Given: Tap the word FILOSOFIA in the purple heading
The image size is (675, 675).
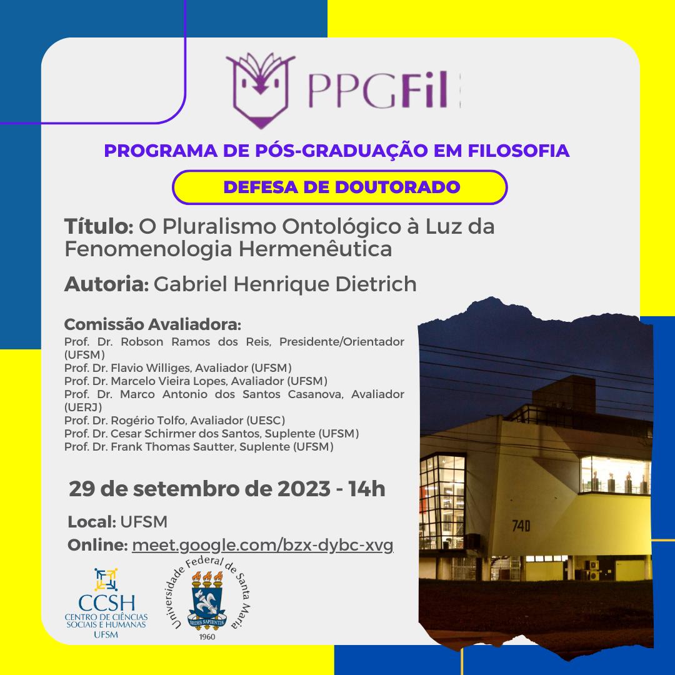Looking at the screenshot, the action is (519, 151).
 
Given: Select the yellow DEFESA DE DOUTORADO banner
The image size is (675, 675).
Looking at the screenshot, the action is (339, 187).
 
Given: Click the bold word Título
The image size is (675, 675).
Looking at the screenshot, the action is (99, 226).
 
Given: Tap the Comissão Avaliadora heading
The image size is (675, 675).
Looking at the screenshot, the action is (152, 324).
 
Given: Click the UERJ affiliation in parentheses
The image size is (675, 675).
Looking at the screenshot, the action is (83, 407).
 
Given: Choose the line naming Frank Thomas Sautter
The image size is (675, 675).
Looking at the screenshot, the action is (199, 446).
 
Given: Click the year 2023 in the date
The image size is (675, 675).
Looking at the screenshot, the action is (304, 489).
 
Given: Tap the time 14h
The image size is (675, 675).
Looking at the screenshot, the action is (367, 489).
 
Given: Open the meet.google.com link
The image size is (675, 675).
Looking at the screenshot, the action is (262, 546).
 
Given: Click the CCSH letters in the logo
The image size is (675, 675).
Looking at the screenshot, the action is (106, 603).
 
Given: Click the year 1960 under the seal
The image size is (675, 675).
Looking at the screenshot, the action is (207, 637).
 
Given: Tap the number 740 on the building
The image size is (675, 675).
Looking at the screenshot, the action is (521, 526).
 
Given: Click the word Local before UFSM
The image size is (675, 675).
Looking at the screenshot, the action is (92, 522).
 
